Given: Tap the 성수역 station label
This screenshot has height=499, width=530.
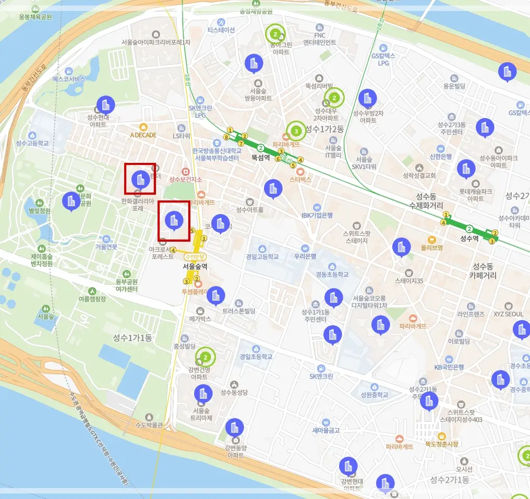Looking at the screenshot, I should pos(469,239).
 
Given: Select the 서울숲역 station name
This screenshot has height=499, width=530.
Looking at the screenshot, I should pos(195,266).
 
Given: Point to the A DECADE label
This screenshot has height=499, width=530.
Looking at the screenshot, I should pos(143,135).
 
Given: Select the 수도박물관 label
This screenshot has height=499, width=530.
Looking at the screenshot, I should pos(149,424).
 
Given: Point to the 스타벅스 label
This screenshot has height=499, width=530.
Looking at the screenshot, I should pos(300,179).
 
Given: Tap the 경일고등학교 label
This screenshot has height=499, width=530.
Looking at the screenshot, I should pos(262,256).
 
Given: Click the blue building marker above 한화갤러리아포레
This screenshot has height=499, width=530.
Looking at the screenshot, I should pos(140,179).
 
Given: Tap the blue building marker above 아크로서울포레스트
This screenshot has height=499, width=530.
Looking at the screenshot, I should pos(174,220).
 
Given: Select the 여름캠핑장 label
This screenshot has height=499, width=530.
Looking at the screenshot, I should pos(92,299).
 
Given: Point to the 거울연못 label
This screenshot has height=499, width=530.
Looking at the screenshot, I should pos(106,247).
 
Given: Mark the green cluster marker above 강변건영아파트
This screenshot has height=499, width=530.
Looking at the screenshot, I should pos(206,357).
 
